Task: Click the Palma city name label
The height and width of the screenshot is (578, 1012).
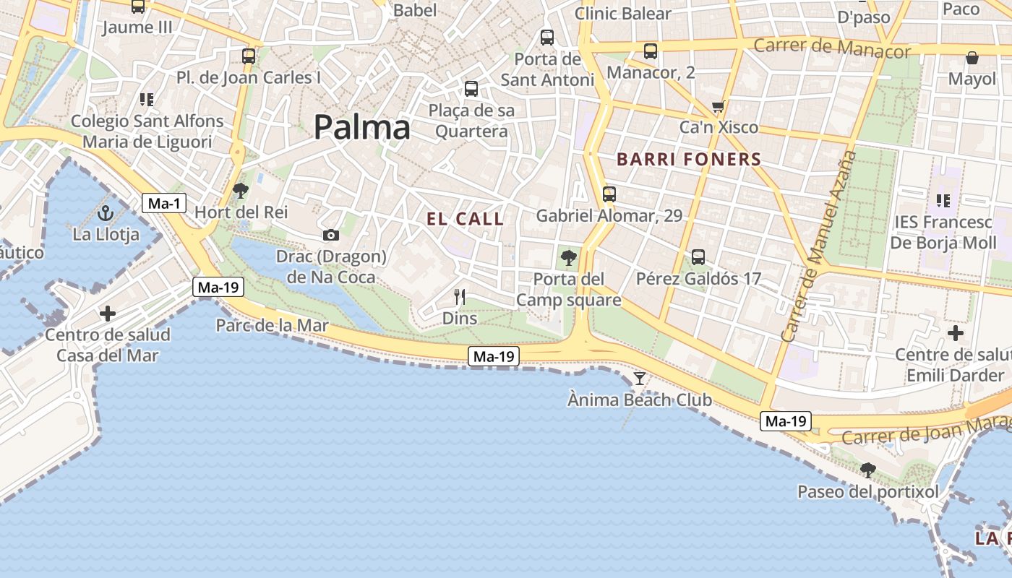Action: point(362,128)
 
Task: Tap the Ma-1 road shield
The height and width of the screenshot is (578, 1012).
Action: point(164,204)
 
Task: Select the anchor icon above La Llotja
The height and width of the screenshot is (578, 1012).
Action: point(106,213)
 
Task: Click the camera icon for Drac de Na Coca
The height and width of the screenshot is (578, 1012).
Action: point(331,235)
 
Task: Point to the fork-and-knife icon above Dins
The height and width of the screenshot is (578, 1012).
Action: point(459,296)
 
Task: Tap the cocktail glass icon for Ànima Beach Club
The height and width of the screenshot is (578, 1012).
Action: point(640,378)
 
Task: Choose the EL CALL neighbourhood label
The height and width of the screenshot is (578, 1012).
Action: point(465,220)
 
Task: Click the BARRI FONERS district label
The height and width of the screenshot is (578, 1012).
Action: point(689,160)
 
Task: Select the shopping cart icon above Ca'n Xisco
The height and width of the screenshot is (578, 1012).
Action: point(718,107)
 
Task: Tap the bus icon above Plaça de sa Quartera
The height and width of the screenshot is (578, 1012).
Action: point(471,89)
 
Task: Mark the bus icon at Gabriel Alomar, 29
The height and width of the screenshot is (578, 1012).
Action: point(609,194)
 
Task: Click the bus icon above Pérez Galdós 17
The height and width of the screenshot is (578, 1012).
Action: point(698,256)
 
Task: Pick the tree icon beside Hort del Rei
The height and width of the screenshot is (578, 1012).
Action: point(241,191)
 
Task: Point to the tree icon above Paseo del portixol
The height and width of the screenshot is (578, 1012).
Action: point(867,470)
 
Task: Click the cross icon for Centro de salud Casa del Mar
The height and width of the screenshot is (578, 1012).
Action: point(108,314)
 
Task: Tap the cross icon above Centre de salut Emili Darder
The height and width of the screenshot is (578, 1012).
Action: point(956,333)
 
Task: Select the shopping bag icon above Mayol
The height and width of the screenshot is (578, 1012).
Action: point(972,58)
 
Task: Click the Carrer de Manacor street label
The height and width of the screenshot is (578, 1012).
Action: point(832,48)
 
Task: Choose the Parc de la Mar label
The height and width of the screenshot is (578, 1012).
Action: point(273,326)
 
